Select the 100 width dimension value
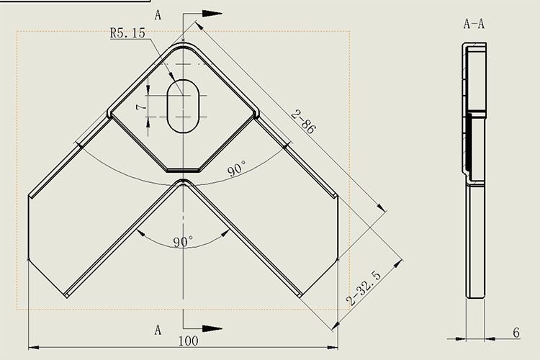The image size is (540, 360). (x=189, y=341)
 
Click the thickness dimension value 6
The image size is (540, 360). (x=516, y=332)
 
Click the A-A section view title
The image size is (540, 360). (x=473, y=24)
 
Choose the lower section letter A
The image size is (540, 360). (x=158, y=329)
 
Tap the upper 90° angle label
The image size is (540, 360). (x=237, y=169)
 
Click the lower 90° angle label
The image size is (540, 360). (x=183, y=241)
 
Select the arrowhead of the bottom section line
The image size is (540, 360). (x=211, y=329)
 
